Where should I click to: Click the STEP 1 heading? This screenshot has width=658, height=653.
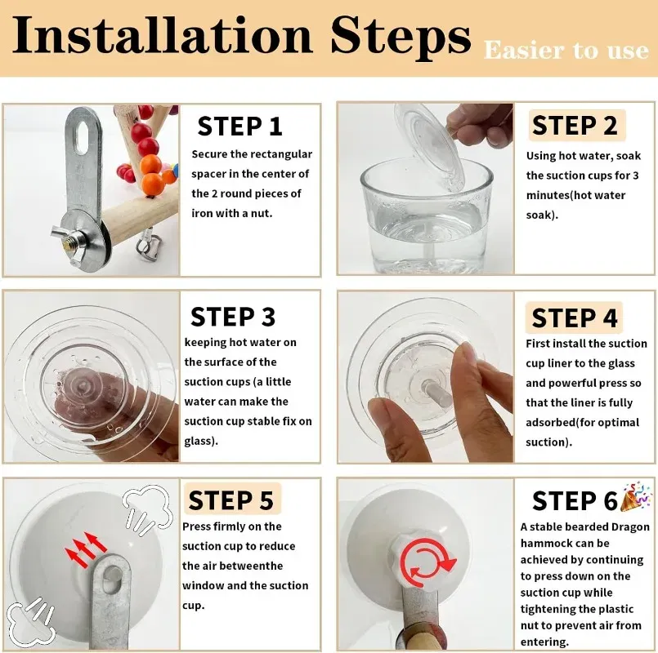pos(239,127)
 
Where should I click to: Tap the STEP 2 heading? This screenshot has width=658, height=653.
pos(575,126)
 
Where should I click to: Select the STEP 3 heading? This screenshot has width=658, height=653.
pos(233,317)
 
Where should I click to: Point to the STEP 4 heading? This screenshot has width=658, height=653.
pos(574,318)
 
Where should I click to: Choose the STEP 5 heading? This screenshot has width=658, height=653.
pos(231,500)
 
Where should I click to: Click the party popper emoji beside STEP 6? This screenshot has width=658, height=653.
pos(637,495)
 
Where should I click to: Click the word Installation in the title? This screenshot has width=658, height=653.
pos(163,36)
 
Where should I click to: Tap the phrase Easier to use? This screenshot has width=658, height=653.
pos(566,51)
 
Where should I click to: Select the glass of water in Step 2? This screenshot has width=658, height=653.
pos(427,215)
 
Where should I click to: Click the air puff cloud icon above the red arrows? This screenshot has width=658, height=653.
pos(148,508)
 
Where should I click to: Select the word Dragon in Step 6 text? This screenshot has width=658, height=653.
pos(630,526)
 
